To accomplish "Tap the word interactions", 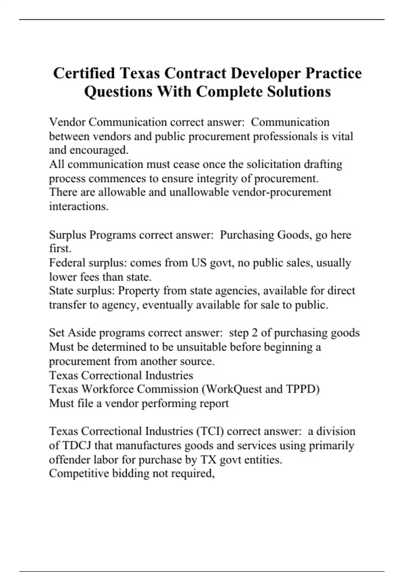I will pyautogui.click(x=78, y=206).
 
